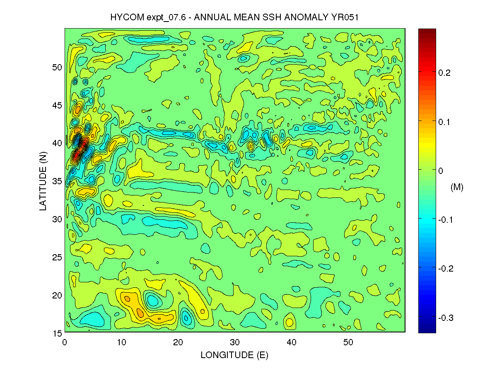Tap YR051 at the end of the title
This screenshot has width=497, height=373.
350,17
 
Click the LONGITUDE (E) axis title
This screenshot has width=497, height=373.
234,355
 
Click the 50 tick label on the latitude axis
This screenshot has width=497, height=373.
57,67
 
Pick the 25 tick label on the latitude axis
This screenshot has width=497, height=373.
57,257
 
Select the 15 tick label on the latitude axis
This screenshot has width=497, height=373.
57,333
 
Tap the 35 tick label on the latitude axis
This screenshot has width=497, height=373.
57,181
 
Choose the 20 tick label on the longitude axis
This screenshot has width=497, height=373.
178,343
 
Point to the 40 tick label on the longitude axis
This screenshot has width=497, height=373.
292,343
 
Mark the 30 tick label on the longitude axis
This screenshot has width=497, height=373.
235,343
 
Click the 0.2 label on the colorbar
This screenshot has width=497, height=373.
444,72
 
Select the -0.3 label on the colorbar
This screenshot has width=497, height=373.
446,318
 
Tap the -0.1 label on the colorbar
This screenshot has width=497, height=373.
446,219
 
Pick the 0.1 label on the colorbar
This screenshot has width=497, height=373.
444,122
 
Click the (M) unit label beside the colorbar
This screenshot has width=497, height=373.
457,188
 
